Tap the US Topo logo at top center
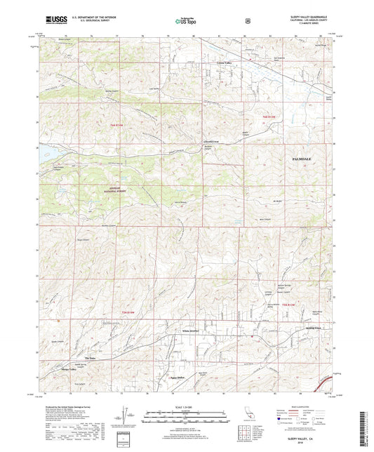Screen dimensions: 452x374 [x=185, y=22]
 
